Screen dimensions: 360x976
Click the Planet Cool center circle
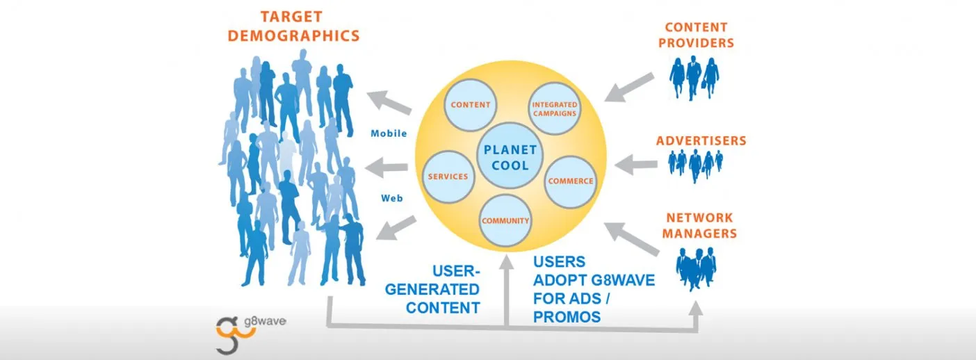(512, 157)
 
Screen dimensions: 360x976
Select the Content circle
(471, 105)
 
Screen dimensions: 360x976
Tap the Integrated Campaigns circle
(554, 108)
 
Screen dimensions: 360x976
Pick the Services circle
(448, 176)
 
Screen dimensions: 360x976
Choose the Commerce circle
(570, 181)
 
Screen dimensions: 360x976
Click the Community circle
(505, 221)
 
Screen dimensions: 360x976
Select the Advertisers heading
(701, 141)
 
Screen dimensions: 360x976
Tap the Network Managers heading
(699, 226)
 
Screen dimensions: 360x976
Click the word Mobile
(389, 133)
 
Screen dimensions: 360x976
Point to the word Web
(392, 198)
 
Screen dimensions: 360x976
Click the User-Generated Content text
(443, 289)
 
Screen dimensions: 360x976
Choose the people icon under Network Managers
(696, 268)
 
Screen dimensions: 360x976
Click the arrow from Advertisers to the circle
(637, 165)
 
